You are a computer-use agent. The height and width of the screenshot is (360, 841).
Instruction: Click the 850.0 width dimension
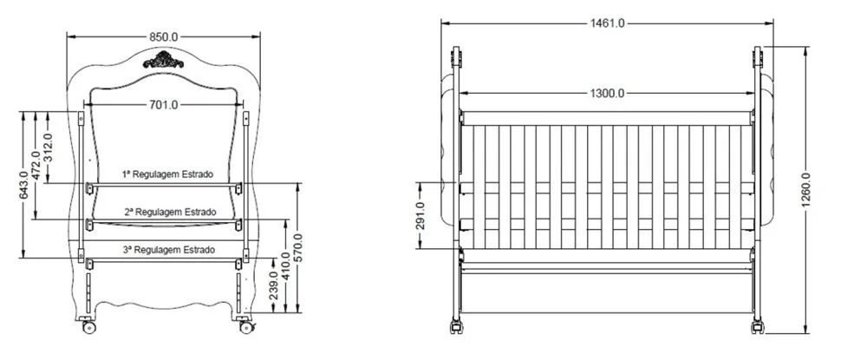tap(164, 36)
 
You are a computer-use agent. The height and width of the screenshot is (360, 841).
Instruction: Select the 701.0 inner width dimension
tap(163, 105)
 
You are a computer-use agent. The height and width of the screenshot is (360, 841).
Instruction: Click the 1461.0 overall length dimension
tap(607, 23)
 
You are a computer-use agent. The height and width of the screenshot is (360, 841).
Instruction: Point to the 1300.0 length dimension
tap(607, 93)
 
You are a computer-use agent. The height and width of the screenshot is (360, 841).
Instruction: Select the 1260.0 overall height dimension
tap(806, 189)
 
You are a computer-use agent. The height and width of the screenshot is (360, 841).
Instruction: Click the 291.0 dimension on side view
tap(420, 215)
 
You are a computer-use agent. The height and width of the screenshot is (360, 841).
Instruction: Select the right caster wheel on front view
tap(245, 327)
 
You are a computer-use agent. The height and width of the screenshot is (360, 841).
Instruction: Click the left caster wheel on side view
tap(455, 328)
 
